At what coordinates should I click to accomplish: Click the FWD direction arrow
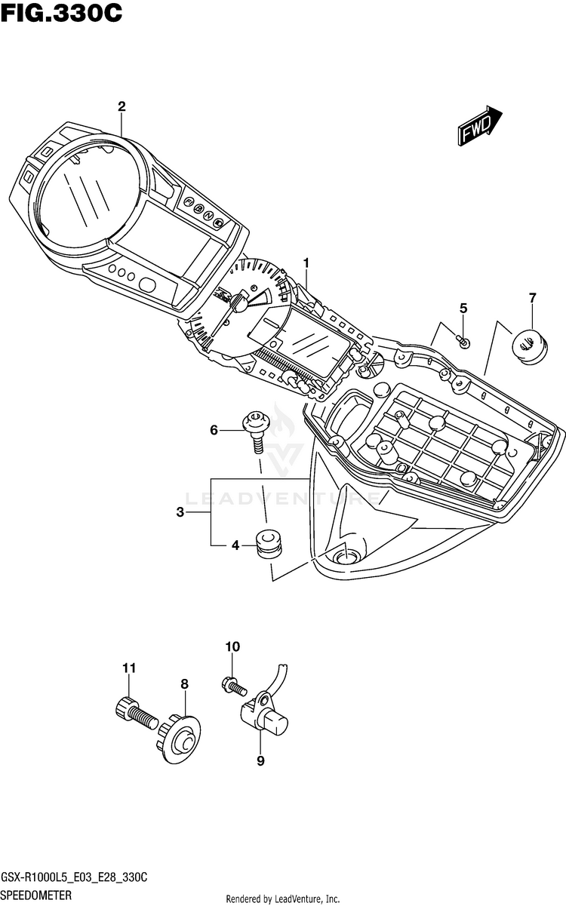click(x=480, y=126)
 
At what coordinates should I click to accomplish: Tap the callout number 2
click(x=122, y=106)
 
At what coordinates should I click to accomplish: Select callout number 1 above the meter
click(x=306, y=263)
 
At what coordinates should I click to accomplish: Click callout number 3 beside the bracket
click(x=180, y=512)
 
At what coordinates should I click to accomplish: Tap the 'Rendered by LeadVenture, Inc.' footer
click(x=282, y=898)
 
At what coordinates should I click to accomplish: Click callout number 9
click(x=260, y=761)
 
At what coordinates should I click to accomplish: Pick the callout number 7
click(x=533, y=298)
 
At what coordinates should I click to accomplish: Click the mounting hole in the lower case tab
click(x=346, y=558)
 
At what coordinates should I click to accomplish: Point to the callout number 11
click(x=129, y=668)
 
